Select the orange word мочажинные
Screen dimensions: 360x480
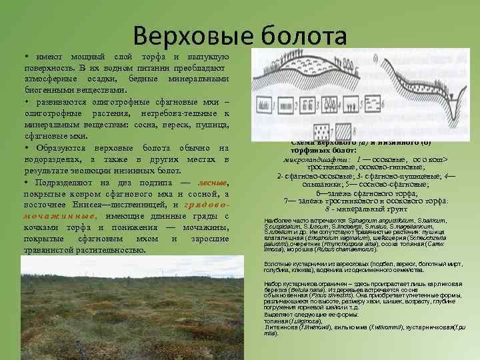(x=51, y=217)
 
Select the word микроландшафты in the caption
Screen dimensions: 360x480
(x=313, y=159)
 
